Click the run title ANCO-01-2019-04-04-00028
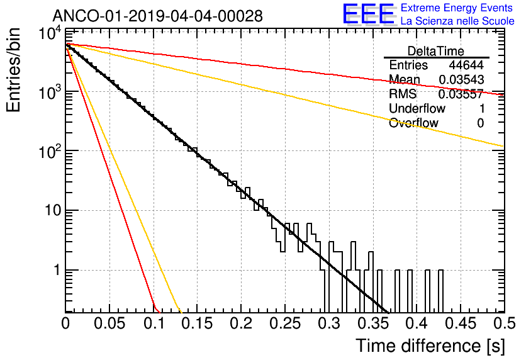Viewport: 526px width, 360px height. click(158, 16)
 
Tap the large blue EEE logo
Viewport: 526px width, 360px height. click(369, 13)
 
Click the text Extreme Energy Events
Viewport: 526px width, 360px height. click(457, 8)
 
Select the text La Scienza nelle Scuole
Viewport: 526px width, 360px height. click(457, 21)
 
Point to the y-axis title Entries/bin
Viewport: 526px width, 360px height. click(14, 70)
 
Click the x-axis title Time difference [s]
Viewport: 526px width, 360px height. click(430, 346)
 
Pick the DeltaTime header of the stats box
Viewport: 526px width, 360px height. click(436, 51)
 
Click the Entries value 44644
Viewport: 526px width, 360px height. click(466, 65)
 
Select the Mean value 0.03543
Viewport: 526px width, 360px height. click(461, 79)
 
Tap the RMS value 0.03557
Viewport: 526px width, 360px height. click(461, 94)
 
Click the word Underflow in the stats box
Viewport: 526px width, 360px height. click(417, 108)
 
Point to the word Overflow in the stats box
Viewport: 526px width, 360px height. click(413, 123)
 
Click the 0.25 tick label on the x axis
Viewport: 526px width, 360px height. click(286, 323)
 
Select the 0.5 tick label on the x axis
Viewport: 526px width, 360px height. click(504, 323)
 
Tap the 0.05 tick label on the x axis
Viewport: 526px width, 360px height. click(109, 323)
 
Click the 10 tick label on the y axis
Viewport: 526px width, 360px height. click(53, 211)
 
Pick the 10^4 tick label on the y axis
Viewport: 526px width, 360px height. click(50, 33)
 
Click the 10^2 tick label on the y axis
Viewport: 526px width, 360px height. click(50, 152)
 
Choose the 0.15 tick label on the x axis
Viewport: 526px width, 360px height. click(198, 323)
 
